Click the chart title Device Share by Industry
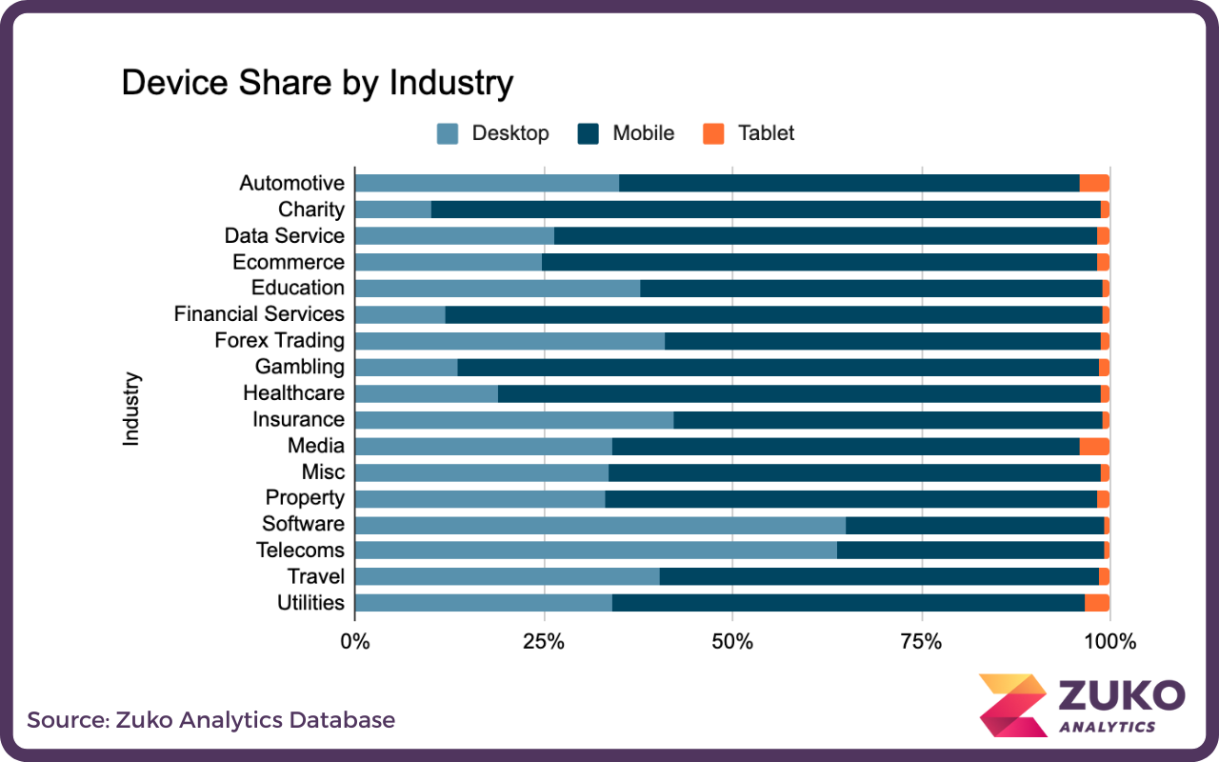coord(317,84)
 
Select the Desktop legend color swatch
coord(448,133)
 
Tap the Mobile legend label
coord(643,133)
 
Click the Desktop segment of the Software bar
coord(600,524)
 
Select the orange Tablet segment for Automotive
coord(1094,184)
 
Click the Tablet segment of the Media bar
coord(1094,446)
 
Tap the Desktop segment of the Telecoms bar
coord(595,551)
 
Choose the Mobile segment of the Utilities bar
coord(848,603)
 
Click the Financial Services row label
coord(259,314)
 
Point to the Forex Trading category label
coord(279,341)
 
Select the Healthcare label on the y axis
coord(293,393)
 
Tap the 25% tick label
coord(544,642)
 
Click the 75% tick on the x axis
coord(921,642)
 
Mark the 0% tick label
coord(355,642)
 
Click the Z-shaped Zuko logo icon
coord(1011,705)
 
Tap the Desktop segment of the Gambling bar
coord(406,367)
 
